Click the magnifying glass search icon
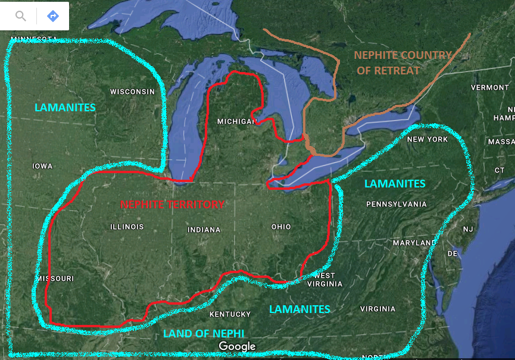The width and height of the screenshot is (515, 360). [x=21, y=16]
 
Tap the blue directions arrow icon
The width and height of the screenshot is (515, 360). [x=53, y=16]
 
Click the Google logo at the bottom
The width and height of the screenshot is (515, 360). [x=236, y=346]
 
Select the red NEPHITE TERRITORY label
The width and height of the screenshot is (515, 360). [x=172, y=204]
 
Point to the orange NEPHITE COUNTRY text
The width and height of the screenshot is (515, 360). [x=402, y=55]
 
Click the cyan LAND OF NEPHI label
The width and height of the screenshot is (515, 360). [x=204, y=333]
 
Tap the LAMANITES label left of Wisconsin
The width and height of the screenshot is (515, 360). [x=65, y=108]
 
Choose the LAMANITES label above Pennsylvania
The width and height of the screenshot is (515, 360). [x=395, y=183]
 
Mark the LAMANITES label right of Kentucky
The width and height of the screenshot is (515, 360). [x=299, y=309]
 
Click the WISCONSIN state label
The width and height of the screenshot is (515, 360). [x=132, y=92]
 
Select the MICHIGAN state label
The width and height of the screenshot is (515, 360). [x=236, y=121]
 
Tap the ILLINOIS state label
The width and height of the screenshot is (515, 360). [x=127, y=227]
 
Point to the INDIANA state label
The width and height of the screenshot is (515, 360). [x=204, y=230]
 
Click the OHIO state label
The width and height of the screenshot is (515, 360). [x=280, y=227]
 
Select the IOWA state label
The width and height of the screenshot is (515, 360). [x=42, y=166]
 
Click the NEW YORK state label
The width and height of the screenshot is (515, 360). [x=427, y=139]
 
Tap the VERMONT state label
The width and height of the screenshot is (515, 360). [x=489, y=87]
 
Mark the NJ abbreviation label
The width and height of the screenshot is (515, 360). [x=468, y=229]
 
